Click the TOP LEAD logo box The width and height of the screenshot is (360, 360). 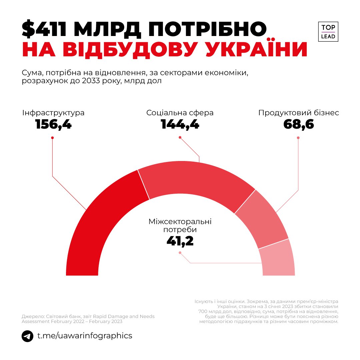[x=328, y=32]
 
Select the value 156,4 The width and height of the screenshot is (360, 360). [x=53, y=125]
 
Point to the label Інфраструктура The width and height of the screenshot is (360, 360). [x=53, y=113]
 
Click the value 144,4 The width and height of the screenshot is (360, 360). [x=180, y=125]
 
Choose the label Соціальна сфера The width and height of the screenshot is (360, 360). [x=180, y=113]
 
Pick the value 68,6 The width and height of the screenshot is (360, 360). [x=299, y=125]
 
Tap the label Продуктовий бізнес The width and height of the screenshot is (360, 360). [x=299, y=113]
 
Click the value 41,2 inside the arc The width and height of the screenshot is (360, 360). [x=180, y=241]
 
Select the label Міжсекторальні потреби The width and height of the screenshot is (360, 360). [x=180, y=226]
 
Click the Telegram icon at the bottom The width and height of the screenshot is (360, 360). [x=28, y=336]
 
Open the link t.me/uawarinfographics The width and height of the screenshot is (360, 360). [x=85, y=336]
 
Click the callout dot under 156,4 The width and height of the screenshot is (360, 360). [x=52, y=138]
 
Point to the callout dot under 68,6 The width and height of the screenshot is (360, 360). [x=298, y=138]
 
